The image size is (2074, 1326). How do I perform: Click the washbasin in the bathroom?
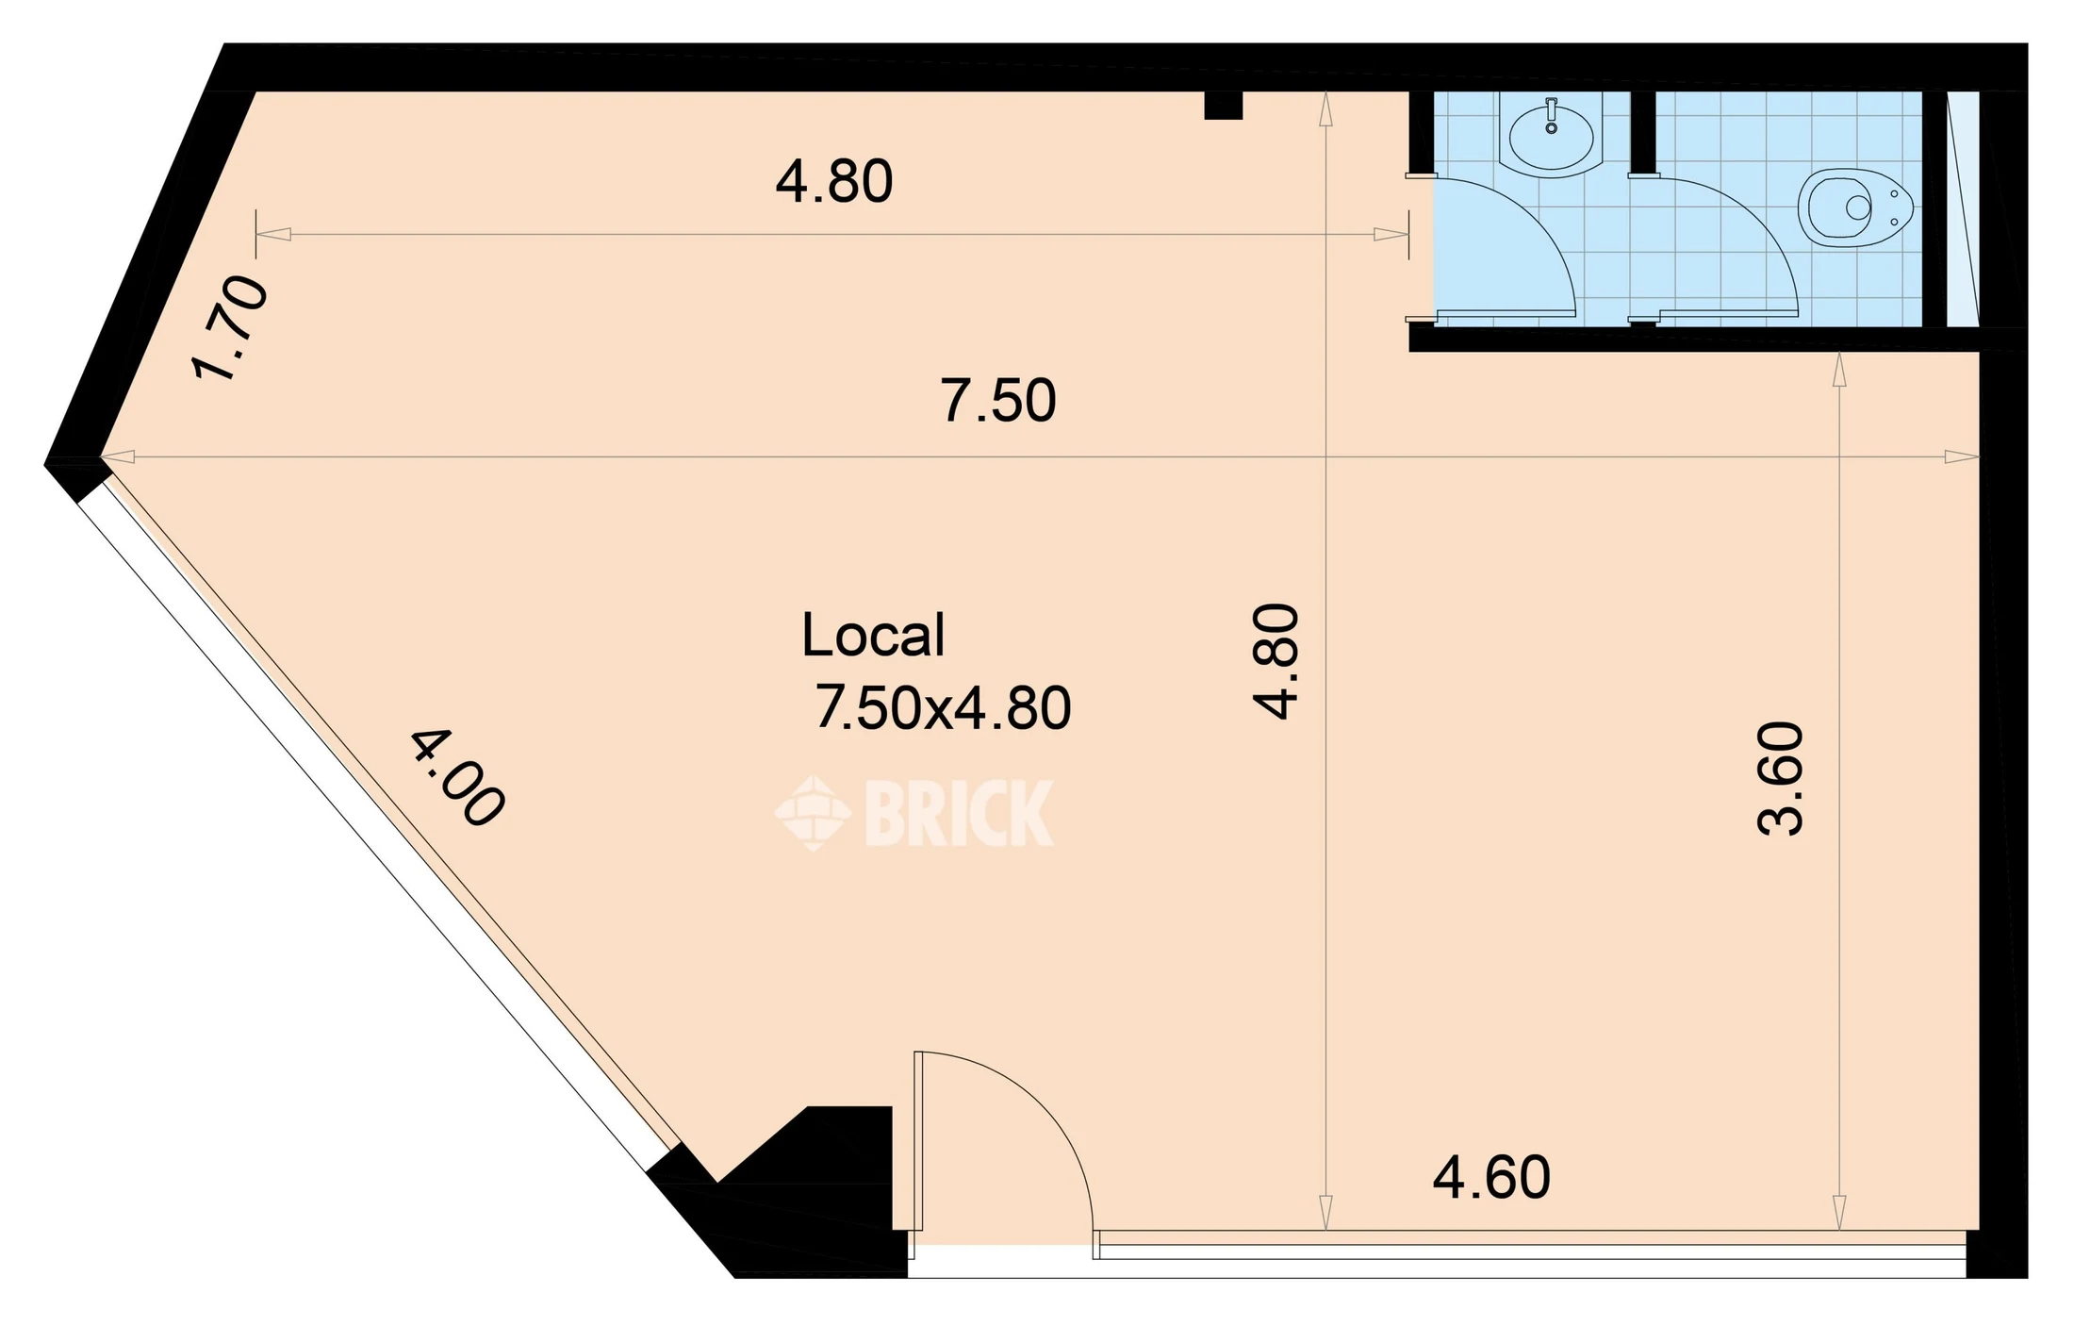tap(1551, 136)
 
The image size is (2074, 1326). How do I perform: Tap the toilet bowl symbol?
tap(1855, 208)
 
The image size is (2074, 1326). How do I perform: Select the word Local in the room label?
tap(873, 635)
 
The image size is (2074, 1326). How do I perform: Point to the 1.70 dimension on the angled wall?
tap(229, 327)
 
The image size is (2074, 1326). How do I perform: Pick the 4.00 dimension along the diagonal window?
tap(458, 778)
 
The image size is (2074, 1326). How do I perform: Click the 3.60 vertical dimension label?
tap(1781, 778)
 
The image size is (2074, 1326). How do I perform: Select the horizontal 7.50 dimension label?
tap(998, 400)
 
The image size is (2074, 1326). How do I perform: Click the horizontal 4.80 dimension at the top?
tap(834, 181)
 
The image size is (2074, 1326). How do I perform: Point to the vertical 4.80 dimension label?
tap(1276, 661)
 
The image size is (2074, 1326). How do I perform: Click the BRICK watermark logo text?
tap(958, 812)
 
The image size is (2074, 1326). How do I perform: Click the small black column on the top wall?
tap(1224, 105)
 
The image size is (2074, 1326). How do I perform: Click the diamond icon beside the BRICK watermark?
tap(813, 813)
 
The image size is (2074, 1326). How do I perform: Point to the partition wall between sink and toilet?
tap(1643, 132)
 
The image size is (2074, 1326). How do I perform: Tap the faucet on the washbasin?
tap(1551, 114)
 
